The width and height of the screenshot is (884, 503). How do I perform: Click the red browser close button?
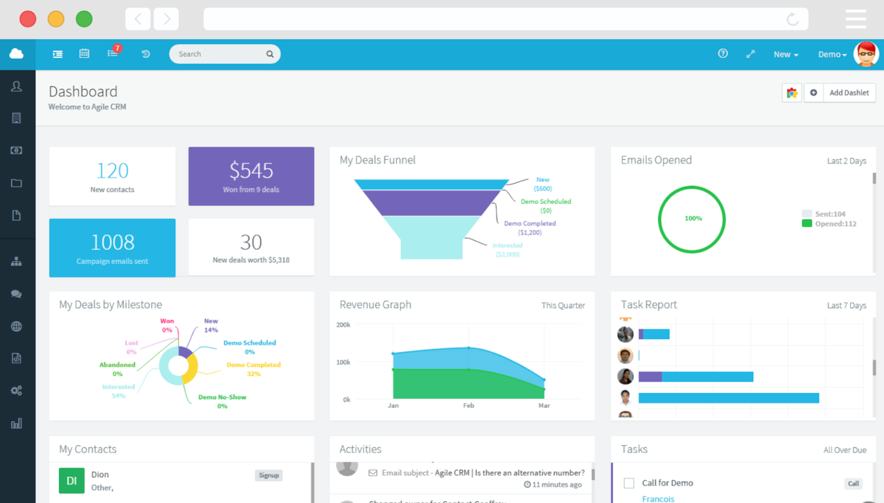[x=28, y=19]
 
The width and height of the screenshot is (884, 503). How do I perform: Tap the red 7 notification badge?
[x=117, y=48]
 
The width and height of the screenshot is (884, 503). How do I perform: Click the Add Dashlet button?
[x=849, y=93]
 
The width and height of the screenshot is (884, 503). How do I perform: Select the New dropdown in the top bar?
[x=785, y=55]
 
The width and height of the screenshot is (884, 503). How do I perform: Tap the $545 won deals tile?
[x=251, y=176]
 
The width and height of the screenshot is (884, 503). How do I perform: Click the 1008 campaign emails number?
[x=112, y=242]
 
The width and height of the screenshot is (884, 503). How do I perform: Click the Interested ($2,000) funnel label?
[x=507, y=250]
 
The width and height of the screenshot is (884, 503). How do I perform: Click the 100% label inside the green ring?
[x=693, y=218]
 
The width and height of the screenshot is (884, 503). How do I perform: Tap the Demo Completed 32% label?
[x=253, y=369]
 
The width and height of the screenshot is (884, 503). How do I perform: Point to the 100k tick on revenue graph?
[x=343, y=362]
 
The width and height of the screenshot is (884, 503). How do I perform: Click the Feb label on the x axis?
[x=468, y=406]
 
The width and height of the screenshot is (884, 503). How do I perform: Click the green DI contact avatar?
[x=71, y=480]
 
